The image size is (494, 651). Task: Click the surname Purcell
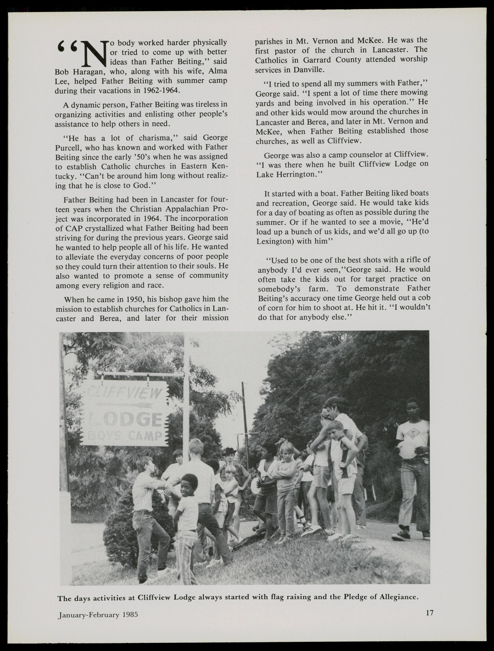[68, 147]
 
